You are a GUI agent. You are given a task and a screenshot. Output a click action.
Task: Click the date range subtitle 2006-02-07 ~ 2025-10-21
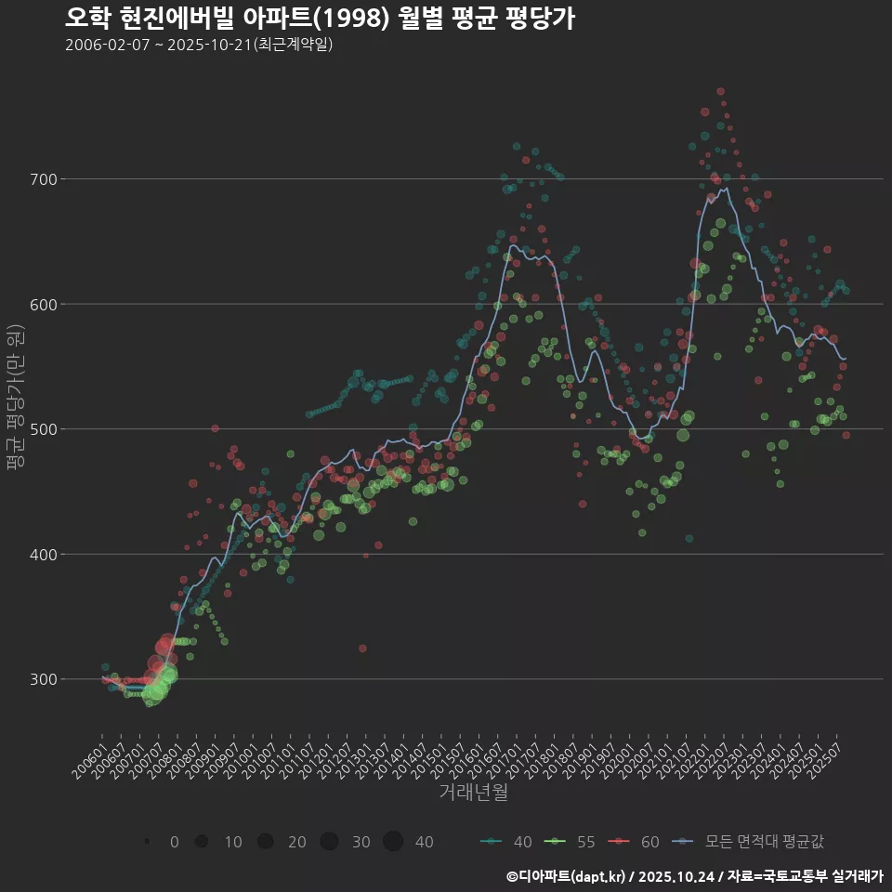coord(199,45)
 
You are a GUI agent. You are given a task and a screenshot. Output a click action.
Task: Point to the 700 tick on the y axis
coord(46,179)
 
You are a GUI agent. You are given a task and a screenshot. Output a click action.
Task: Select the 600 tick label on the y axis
coord(46,304)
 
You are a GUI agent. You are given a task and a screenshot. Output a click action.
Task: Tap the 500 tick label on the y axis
coord(46,429)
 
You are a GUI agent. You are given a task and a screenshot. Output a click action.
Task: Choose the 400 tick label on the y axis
coord(46,555)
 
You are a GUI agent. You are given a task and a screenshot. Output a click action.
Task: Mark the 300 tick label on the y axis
coord(46,679)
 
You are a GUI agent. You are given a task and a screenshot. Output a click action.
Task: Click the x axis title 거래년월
coord(473,793)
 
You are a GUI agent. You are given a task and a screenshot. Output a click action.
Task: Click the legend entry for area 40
coord(506,842)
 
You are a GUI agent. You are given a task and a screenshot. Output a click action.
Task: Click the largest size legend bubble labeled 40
coord(393,842)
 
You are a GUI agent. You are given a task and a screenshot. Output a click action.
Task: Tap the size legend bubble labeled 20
coord(266,842)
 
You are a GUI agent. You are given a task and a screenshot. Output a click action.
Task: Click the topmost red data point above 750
coord(720,92)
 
